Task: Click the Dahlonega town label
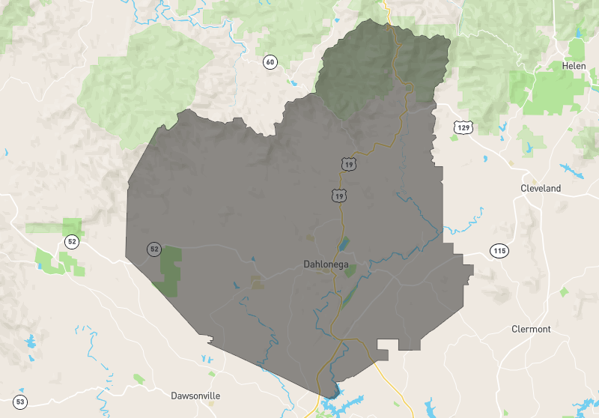click(x=326, y=264)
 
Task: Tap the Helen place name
click(x=574, y=66)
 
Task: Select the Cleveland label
click(x=541, y=189)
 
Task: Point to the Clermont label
click(x=531, y=329)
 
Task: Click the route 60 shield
click(x=270, y=61)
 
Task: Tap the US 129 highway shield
click(x=462, y=127)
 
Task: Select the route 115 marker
click(x=499, y=250)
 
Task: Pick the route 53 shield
click(x=20, y=402)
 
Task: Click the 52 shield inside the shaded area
click(x=154, y=249)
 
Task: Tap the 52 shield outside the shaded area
click(x=72, y=241)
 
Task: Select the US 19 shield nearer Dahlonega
click(x=340, y=196)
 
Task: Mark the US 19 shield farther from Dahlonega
click(x=347, y=163)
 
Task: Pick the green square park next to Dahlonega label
click(x=349, y=271)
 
